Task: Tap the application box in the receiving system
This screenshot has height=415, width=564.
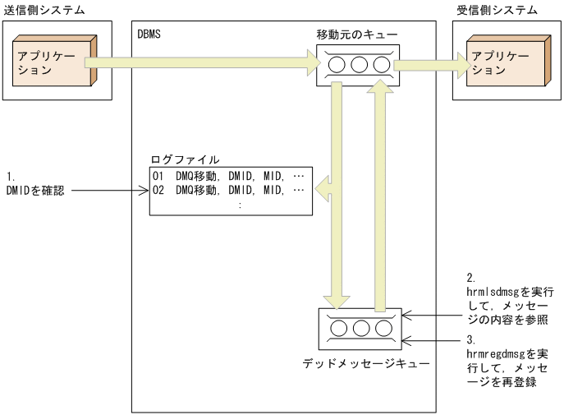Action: (500, 62)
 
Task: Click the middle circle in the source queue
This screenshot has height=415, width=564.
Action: (359, 64)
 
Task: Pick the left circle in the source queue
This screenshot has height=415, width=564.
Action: (337, 64)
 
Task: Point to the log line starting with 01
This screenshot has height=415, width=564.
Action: (229, 176)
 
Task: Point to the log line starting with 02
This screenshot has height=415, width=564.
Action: (229, 191)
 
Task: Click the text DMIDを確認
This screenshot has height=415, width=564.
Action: (36, 191)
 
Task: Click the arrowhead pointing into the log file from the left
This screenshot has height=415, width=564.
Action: (145, 191)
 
